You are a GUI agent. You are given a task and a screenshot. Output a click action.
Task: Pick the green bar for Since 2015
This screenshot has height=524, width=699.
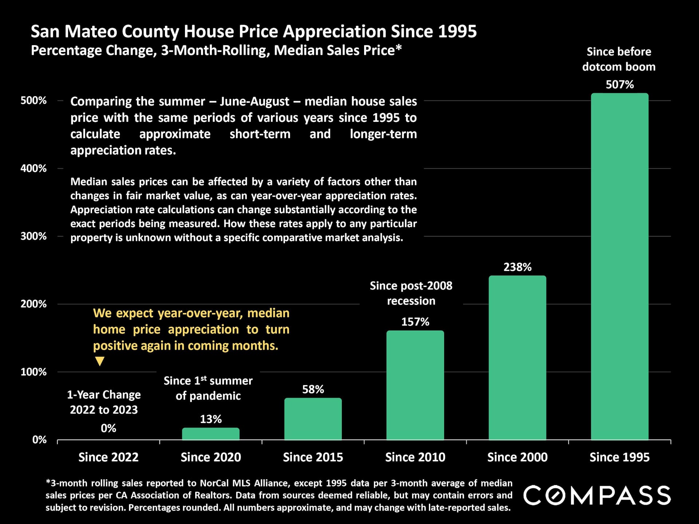[x=313, y=419]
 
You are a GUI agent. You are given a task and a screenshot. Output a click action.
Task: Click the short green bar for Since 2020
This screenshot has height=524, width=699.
[x=211, y=434]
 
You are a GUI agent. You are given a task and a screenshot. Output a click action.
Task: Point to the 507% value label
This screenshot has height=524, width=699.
[x=620, y=84]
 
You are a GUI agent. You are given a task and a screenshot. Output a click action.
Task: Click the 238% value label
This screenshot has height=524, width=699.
[x=517, y=267]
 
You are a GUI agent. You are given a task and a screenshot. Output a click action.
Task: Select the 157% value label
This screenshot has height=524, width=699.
[x=415, y=322]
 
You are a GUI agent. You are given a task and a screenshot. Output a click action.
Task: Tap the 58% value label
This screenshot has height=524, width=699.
[x=313, y=389]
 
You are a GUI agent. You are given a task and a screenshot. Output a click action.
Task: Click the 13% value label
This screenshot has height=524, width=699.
[x=211, y=419]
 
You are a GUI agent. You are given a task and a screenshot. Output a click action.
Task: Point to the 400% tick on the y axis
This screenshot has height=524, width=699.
[x=33, y=168]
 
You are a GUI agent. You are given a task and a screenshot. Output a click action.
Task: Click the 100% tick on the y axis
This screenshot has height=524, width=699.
[x=33, y=372]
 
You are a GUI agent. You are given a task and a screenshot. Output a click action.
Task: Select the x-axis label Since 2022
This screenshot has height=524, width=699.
[x=108, y=457]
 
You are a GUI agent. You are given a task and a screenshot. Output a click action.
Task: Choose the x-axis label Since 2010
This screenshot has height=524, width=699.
[x=415, y=457]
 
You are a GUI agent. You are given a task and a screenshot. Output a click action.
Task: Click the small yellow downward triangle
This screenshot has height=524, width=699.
[x=99, y=361]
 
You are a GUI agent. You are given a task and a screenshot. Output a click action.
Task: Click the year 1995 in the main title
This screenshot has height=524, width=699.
[x=457, y=32]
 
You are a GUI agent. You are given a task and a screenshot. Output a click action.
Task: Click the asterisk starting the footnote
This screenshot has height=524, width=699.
[x=48, y=481]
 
